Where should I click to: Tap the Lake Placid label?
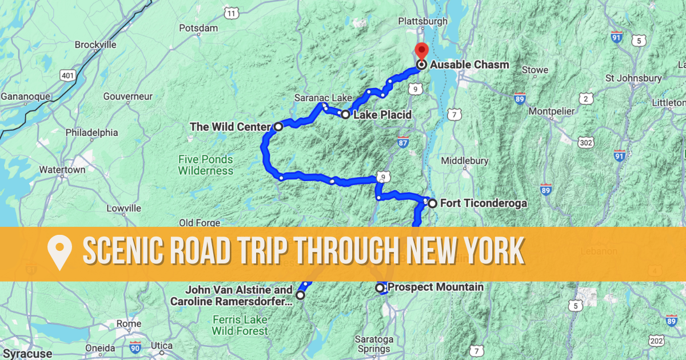[x=382, y=115]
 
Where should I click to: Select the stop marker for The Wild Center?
[x=278, y=126]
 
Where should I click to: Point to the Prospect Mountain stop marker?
[x=380, y=288]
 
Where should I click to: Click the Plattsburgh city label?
[x=423, y=21]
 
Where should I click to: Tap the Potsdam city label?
[x=198, y=28]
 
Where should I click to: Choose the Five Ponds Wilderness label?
[x=205, y=165]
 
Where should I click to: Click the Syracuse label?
[x=26, y=354]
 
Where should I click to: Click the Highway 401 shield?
[x=67, y=75]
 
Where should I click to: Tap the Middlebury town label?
[x=465, y=161]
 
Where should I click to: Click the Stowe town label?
[x=535, y=70]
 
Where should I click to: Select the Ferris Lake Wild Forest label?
[x=240, y=325]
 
